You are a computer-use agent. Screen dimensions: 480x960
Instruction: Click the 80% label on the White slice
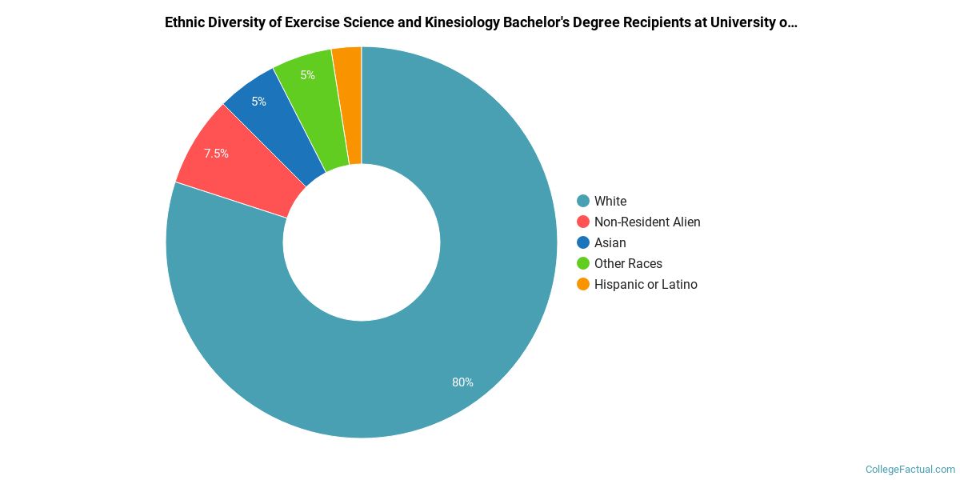click(x=462, y=382)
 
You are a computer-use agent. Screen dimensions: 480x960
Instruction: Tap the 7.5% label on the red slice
click(x=216, y=154)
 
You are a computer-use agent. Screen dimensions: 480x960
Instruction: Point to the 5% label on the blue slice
click(x=258, y=102)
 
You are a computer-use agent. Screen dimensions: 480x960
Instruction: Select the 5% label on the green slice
click(x=307, y=75)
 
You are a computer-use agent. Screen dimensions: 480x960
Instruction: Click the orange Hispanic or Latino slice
click(x=349, y=104)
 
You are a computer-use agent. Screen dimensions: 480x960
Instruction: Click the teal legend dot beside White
click(x=583, y=201)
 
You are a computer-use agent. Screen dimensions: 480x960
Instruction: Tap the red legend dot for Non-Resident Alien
click(x=583, y=222)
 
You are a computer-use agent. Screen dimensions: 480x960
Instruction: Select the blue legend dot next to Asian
click(x=583, y=242)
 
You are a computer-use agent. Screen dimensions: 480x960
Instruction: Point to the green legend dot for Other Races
click(x=583, y=263)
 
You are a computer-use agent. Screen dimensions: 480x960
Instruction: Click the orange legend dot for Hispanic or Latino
click(x=583, y=284)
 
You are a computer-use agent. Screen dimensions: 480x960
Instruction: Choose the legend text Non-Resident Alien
click(x=647, y=222)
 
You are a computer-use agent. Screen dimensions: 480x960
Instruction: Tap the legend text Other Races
click(x=628, y=263)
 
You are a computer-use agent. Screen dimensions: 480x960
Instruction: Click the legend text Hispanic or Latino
click(x=646, y=284)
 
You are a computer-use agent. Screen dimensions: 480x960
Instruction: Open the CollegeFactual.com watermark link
click(x=910, y=470)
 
